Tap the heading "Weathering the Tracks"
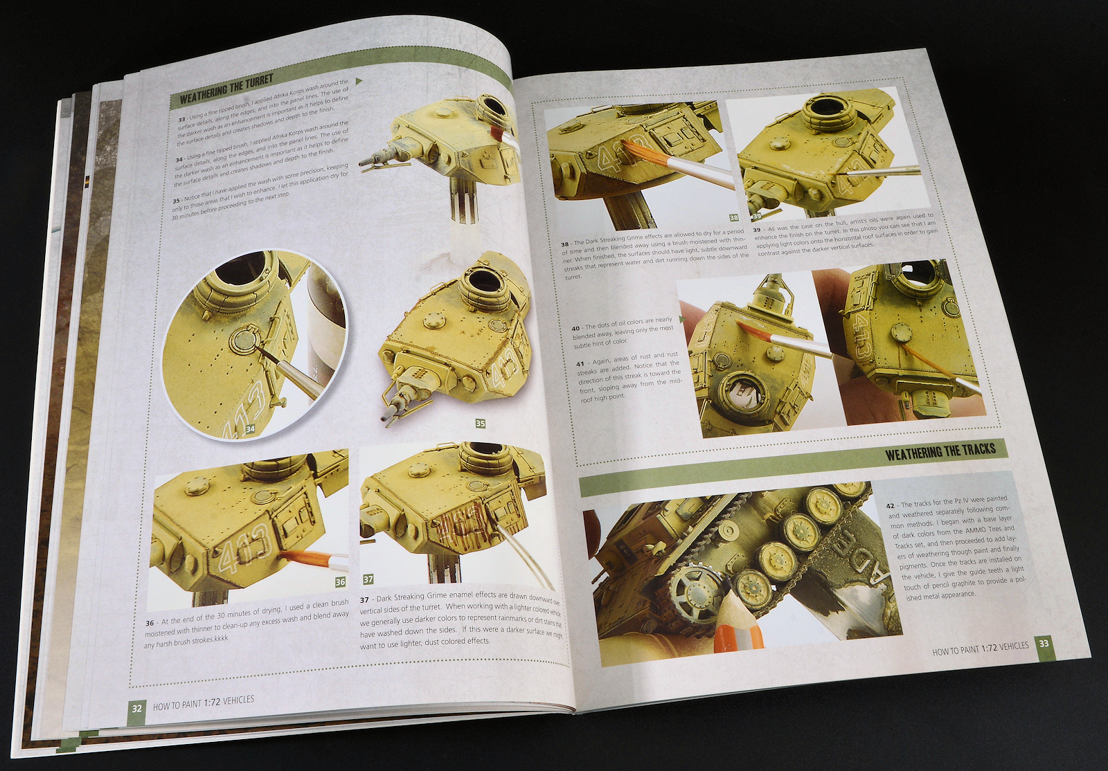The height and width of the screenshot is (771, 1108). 940,451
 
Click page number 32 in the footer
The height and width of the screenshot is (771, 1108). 137,707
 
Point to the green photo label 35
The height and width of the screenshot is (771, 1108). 480,423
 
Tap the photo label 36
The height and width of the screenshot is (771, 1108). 339,582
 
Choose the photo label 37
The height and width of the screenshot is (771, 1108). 368,579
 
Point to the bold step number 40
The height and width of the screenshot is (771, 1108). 575,327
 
